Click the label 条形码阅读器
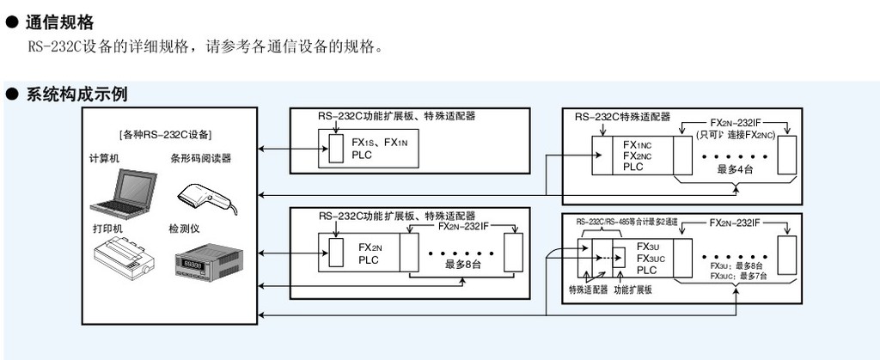[x=200, y=159]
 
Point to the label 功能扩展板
[x=632, y=290]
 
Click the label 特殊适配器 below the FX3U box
[x=587, y=290]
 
